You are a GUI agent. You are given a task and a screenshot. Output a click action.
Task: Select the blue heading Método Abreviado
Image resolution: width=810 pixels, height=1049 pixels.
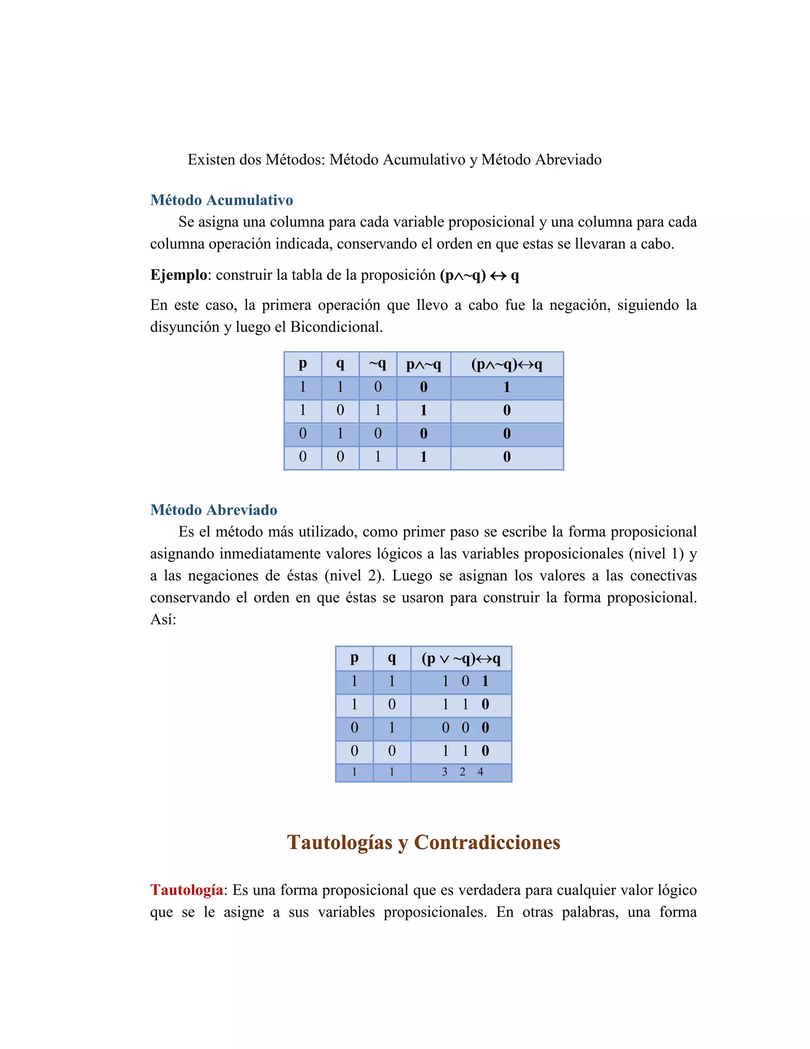click(x=214, y=509)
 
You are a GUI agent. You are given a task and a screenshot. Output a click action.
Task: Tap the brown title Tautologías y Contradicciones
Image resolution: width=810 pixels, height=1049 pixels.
click(x=423, y=842)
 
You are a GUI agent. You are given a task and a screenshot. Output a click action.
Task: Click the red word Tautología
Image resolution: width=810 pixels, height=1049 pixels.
click(x=187, y=889)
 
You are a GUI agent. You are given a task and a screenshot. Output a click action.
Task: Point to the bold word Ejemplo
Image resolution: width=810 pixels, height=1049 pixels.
click(x=178, y=275)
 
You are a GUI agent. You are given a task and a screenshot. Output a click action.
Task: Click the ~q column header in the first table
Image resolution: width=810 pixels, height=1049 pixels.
click(x=378, y=364)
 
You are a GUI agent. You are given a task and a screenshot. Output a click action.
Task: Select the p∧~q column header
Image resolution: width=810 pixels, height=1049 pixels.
click(x=423, y=365)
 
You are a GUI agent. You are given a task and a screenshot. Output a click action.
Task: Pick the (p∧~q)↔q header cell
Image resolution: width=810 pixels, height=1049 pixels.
click(x=507, y=365)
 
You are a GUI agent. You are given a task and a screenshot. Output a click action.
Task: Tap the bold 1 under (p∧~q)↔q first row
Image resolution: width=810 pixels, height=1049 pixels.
click(x=507, y=387)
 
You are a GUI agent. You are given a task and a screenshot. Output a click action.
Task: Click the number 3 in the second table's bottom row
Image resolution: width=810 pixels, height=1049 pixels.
click(x=444, y=772)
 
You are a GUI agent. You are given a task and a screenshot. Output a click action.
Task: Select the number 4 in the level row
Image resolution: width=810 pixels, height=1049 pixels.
click(x=480, y=772)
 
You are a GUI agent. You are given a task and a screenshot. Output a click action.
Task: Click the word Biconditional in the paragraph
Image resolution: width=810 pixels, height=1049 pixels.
click(x=335, y=327)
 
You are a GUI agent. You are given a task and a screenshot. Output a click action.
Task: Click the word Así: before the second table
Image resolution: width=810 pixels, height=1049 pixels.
click(x=163, y=619)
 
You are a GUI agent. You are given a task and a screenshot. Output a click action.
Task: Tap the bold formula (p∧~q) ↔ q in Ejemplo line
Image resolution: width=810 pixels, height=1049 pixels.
click(x=479, y=275)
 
